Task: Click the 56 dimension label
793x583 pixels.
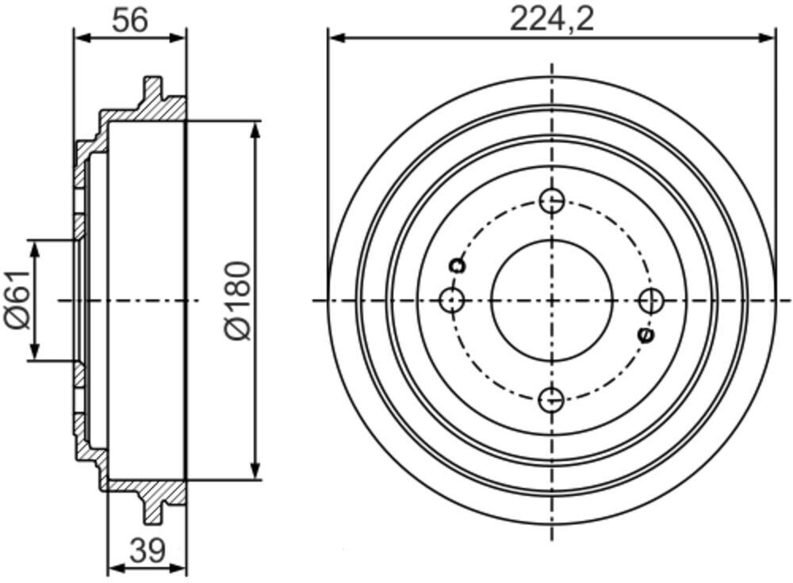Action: click(x=130, y=21)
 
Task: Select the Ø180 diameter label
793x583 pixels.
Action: click(x=236, y=300)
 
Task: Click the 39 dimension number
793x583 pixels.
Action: click(x=147, y=551)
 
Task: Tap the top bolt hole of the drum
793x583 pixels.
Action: click(x=552, y=201)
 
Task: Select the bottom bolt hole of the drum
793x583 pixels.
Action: click(x=552, y=400)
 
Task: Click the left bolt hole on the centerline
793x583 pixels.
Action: click(x=452, y=300)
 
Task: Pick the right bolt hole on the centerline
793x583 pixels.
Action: click(x=651, y=300)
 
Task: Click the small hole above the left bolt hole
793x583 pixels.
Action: click(x=458, y=265)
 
